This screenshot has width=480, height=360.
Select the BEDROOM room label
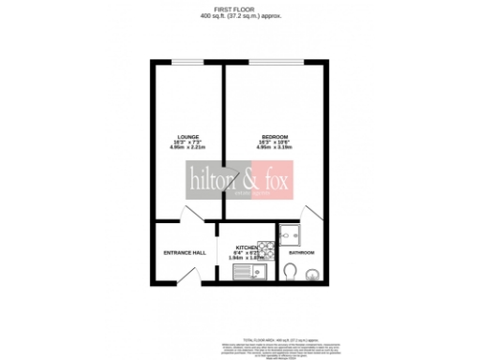275,137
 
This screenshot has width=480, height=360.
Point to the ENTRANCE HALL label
185,252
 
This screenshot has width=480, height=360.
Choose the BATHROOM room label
301,253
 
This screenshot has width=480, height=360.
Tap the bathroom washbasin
314,275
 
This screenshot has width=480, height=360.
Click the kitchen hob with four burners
265,249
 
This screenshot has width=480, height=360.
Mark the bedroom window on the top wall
275,63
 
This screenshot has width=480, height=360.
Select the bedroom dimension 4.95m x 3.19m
275,148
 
